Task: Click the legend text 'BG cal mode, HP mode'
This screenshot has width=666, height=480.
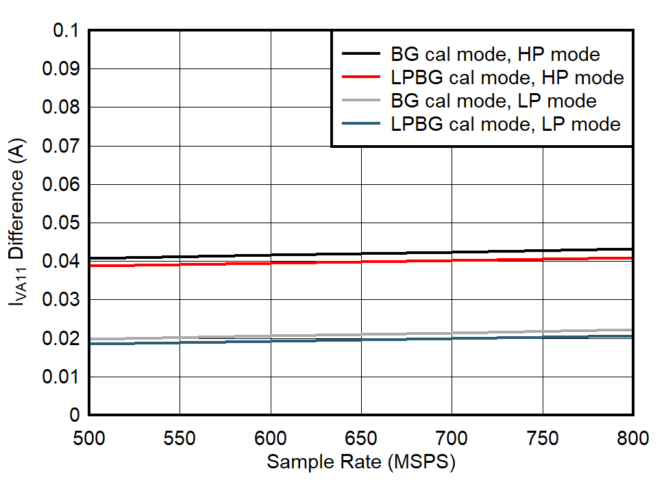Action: coord(495,54)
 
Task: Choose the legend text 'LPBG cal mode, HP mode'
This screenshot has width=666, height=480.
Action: coord(507,77)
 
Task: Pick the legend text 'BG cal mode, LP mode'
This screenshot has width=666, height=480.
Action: coord(493,101)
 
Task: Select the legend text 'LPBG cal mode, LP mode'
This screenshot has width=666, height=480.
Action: coord(506,124)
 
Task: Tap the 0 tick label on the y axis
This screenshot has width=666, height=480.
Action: coord(75,416)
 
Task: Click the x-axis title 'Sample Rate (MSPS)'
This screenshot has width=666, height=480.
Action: coord(361,462)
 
